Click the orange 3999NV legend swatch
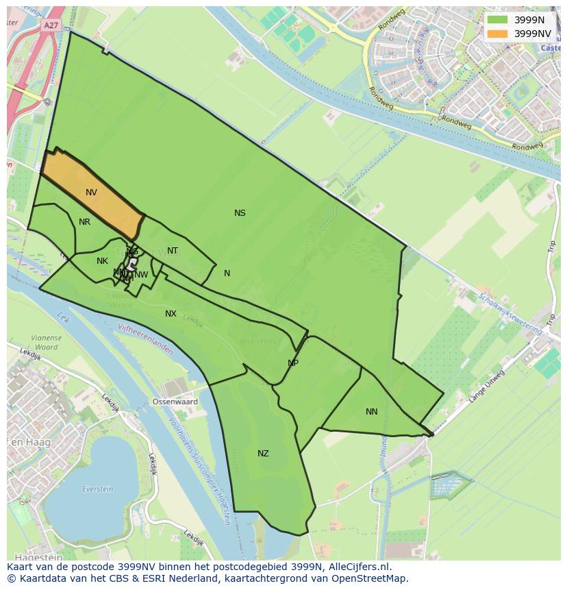(x=497, y=34)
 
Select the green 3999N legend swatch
(x=497, y=21)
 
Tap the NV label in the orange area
(x=91, y=193)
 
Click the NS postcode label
(x=240, y=213)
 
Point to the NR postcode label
(x=84, y=222)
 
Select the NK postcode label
(x=102, y=261)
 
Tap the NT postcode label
(x=173, y=251)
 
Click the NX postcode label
(x=171, y=314)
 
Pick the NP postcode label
(x=293, y=363)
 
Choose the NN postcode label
(x=371, y=412)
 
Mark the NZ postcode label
(x=263, y=454)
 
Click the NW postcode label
(x=141, y=275)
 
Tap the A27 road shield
(x=51, y=25)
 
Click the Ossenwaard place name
(x=175, y=402)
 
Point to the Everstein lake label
(x=97, y=489)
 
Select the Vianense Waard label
(x=45, y=342)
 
